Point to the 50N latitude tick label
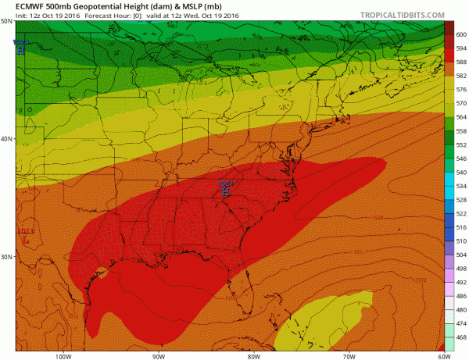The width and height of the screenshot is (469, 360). click(6, 21)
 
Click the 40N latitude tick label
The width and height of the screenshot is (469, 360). click(6, 138)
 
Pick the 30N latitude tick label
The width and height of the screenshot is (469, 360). click(6, 256)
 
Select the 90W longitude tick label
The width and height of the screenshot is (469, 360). click(158, 355)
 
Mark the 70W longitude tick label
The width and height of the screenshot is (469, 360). click(347, 355)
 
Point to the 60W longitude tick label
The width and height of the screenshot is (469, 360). click(442, 355)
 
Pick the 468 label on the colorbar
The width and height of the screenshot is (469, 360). click(460, 337)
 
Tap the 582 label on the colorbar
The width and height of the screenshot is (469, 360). click(460, 75)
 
